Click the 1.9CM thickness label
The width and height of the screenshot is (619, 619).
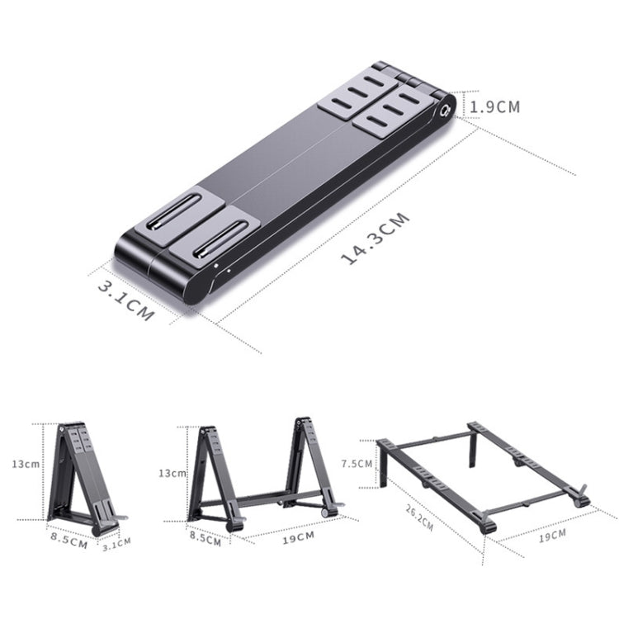pos(495,107)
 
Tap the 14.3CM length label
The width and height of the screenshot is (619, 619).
pos(376,239)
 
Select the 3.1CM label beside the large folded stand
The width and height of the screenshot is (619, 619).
pos(125,301)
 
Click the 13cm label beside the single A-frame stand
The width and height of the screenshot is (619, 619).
pos(25,464)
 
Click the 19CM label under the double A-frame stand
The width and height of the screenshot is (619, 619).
pos(297,537)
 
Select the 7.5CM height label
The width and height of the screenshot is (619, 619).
pos(357,464)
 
